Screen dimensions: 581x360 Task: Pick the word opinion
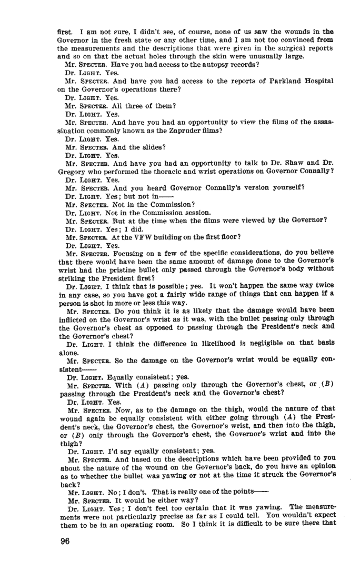pos(321,466)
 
